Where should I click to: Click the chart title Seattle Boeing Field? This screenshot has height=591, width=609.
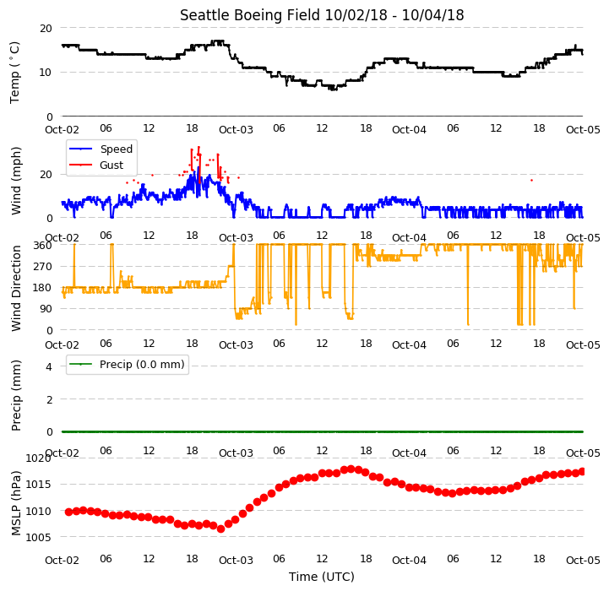click(x=251, y=15)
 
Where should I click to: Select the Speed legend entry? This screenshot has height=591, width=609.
click(x=101, y=149)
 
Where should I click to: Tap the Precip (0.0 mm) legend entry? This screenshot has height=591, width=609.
click(x=127, y=364)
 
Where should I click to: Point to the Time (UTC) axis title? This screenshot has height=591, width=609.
click(x=322, y=577)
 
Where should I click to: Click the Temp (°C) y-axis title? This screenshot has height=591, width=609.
click(x=14, y=73)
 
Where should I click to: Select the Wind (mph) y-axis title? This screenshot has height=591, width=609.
click(x=15, y=181)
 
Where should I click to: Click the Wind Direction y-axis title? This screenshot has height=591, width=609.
click(x=15, y=288)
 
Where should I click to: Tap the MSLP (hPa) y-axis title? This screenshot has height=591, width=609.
click(x=15, y=504)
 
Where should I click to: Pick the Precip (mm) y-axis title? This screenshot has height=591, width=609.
click(x=15, y=395)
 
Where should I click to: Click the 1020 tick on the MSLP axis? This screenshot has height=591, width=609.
click(x=39, y=458)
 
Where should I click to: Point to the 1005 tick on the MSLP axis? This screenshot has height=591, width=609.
click(x=39, y=538)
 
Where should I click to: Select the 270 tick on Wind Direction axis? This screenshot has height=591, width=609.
click(x=42, y=267)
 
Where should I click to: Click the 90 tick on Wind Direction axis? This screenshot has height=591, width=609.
click(x=46, y=309)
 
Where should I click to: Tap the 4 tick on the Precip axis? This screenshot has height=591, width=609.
click(x=48, y=366)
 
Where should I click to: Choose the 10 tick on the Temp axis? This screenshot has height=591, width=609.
click(x=46, y=73)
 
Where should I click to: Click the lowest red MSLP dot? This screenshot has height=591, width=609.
click(x=220, y=529)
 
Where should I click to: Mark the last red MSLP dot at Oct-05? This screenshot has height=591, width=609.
click(x=582, y=472)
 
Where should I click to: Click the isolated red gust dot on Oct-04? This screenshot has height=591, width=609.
click(x=531, y=180)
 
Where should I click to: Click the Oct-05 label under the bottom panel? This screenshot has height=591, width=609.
click(x=583, y=561)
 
